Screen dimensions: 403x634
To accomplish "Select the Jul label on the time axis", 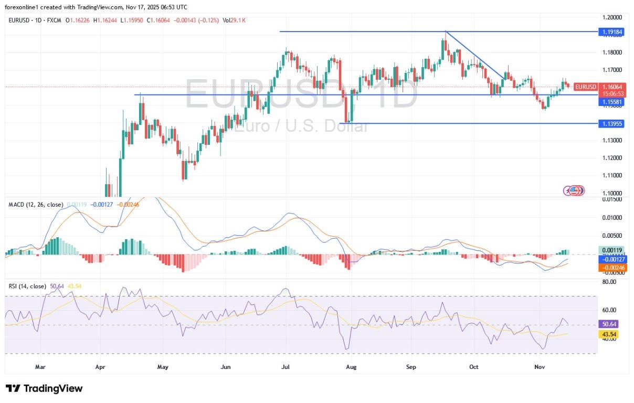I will [x=287, y=367].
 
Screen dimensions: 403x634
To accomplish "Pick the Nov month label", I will [x=540, y=367].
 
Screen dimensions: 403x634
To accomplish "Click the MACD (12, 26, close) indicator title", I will [x=36, y=204].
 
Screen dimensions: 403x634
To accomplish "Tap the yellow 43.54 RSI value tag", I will [x=609, y=334].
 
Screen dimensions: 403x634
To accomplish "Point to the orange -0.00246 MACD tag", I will [x=613, y=267].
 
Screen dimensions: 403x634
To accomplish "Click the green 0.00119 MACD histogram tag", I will [x=613, y=250].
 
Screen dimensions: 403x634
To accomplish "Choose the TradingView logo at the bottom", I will [x=45, y=388].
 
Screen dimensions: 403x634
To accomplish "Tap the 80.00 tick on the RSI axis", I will [x=609, y=282].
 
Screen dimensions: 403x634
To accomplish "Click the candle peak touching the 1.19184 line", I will [x=446, y=33].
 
